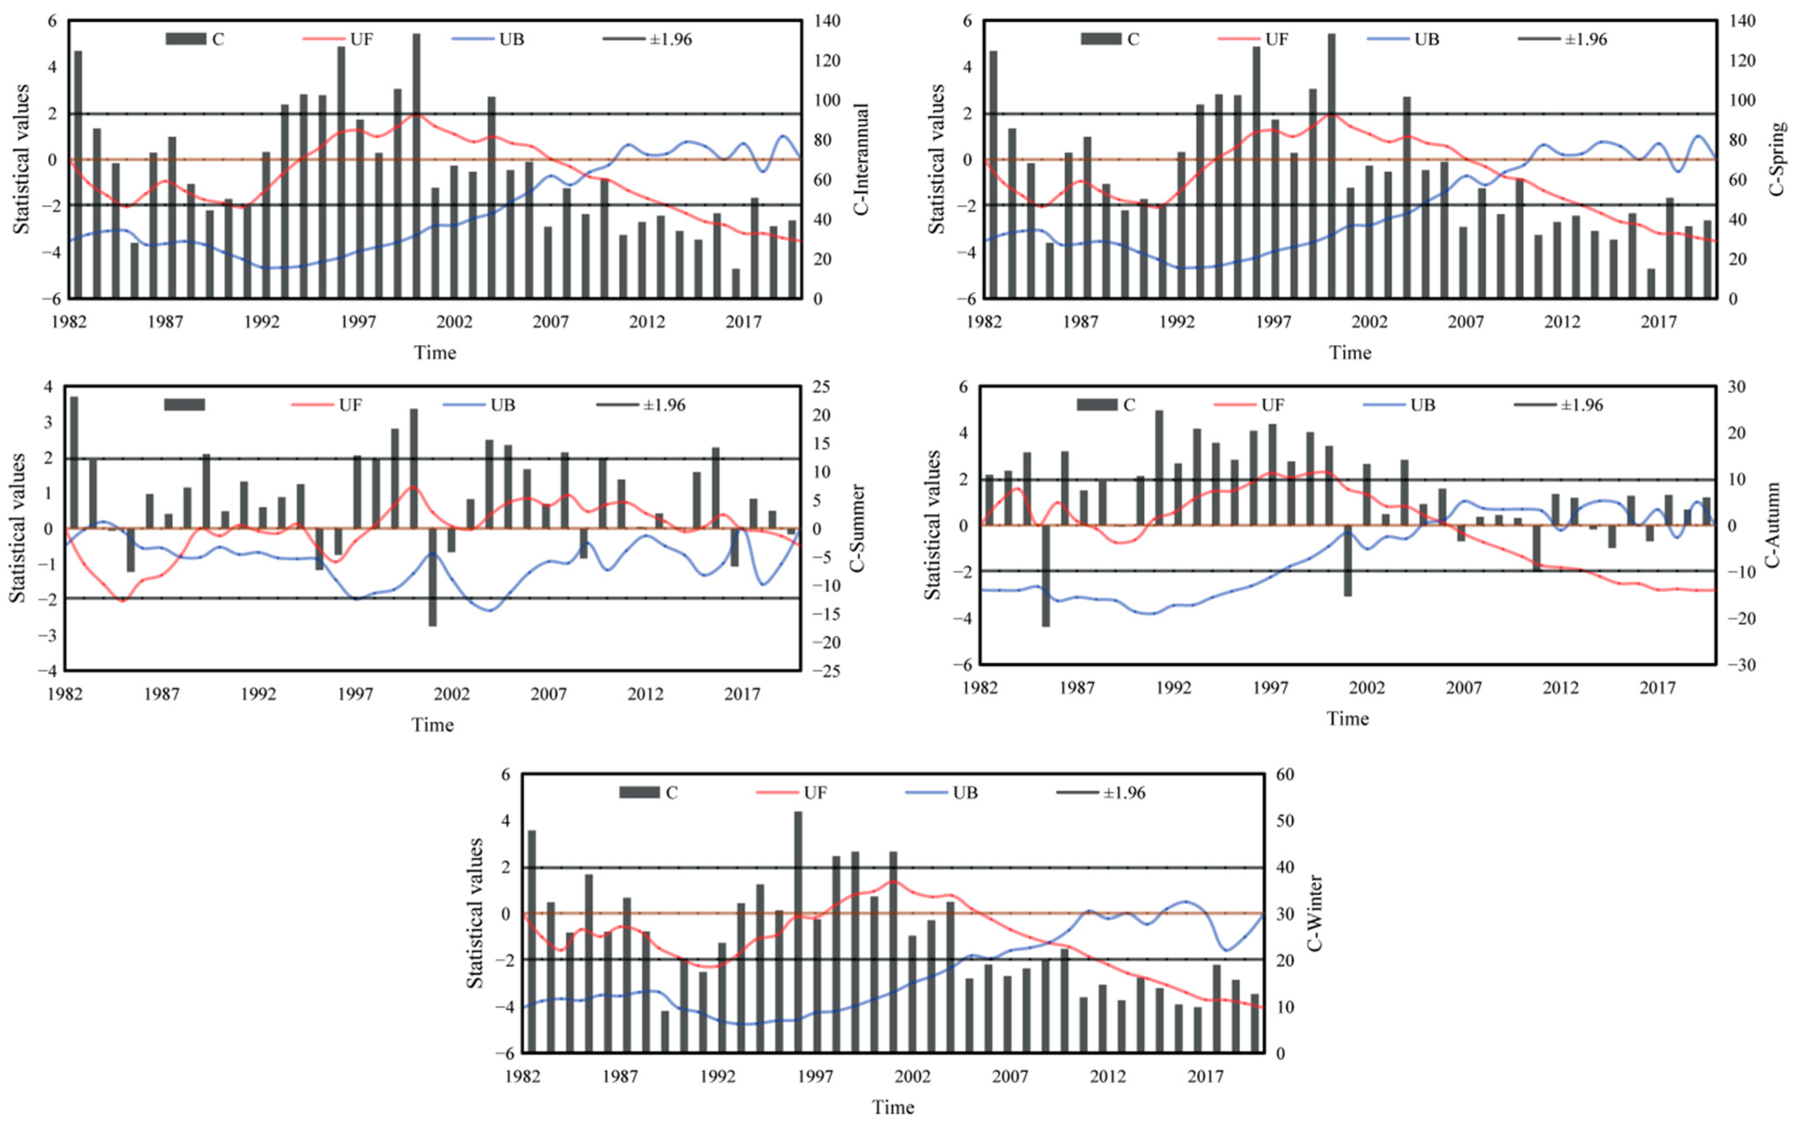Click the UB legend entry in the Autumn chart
tap(1421, 405)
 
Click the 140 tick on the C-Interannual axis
tap(827, 21)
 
